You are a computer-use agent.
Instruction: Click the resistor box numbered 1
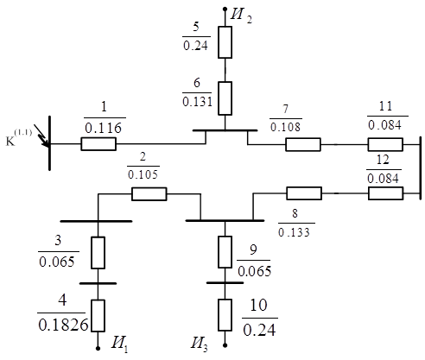point(98,144)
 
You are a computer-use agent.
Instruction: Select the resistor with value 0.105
point(149,194)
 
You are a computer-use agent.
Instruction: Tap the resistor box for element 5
point(225,42)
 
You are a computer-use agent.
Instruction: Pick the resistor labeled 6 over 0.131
point(225,98)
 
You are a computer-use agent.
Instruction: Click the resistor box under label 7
point(303,144)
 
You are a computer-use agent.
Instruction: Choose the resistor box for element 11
point(385,144)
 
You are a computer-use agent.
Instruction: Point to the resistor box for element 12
point(386,193)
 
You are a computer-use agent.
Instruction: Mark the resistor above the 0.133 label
point(304,193)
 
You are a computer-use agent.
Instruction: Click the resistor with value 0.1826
point(98,316)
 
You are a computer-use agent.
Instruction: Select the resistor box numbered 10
point(225,315)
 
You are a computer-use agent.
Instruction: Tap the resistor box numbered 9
point(225,252)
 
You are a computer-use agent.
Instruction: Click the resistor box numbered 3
point(98,253)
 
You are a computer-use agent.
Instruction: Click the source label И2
point(241,15)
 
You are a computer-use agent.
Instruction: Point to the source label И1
point(119,344)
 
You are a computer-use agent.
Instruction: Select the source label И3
point(200,344)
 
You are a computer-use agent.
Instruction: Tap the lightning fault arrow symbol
point(41,136)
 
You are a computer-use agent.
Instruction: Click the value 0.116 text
point(104,128)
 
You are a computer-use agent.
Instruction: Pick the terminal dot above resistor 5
point(225,9)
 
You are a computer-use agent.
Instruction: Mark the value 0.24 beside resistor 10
point(259,330)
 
